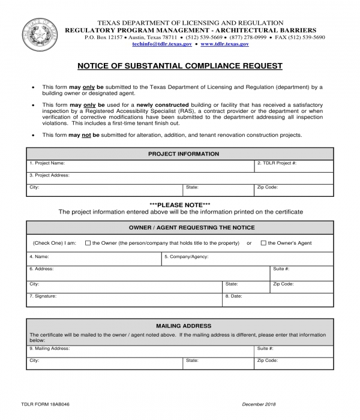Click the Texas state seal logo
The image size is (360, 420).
point(41,35)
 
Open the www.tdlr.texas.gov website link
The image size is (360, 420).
point(225,44)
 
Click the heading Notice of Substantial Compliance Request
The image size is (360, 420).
point(179,66)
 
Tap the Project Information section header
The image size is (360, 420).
point(179,154)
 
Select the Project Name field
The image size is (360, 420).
point(140,166)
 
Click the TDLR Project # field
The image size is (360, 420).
point(293,166)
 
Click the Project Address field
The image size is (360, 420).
point(179,178)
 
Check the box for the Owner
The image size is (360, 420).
point(88,243)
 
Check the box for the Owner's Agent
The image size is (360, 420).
point(263,243)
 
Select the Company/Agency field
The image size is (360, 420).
point(247,259)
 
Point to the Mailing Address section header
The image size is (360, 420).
point(179,326)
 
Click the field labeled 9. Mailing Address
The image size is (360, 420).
point(140,351)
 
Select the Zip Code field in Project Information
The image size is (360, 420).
point(293,190)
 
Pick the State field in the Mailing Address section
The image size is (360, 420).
point(218,364)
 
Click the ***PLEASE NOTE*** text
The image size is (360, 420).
point(179,205)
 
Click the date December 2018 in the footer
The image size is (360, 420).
point(259,404)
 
